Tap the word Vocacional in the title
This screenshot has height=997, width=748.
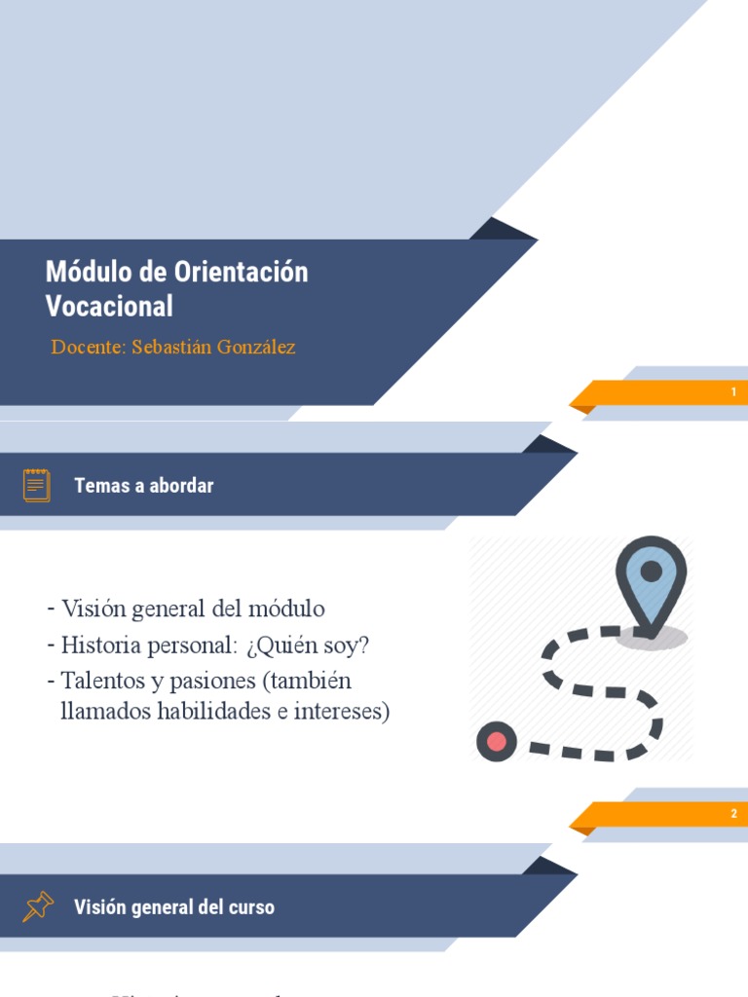tap(109, 306)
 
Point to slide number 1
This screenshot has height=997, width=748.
tap(733, 392)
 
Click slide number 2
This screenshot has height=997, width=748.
tap(733, 814)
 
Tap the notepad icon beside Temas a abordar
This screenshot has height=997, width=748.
tap(37, 485)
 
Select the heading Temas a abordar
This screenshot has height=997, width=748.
tap(144, 486)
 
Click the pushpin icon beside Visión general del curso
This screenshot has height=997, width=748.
tap(37, 906)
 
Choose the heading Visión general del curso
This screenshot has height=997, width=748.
tap(174, 907)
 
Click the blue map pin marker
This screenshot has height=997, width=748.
tap(651, 579)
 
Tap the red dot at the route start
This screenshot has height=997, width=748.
tap(497, 742)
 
